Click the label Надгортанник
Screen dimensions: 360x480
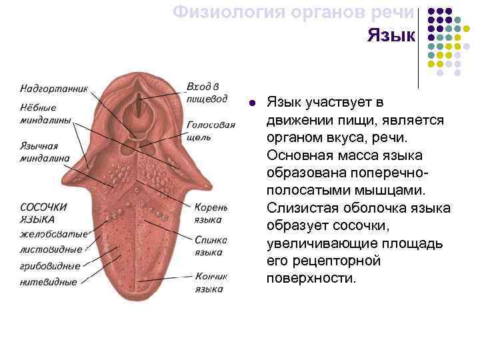coord(53,87)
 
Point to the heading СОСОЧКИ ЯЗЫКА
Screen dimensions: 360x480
coord(44,213)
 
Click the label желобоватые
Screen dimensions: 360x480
coord(53,234)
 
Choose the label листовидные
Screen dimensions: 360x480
coord(51,249)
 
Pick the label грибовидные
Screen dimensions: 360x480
coord(49,266)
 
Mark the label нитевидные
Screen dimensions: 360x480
coord(48,282)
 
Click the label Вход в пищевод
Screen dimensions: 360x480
coord(211,93)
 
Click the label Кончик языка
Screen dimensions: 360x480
coord(211,282)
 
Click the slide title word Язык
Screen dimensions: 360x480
coord(391,35)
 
